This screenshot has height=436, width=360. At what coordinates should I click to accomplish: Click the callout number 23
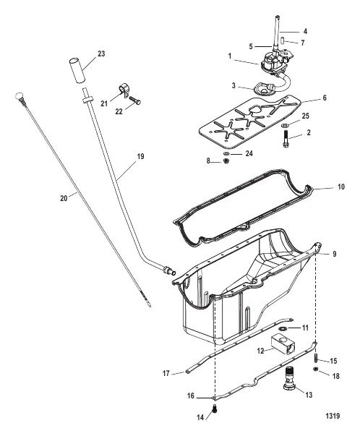(x=101, y=54)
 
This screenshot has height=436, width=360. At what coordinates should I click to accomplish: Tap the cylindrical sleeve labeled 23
(x=77, y=69)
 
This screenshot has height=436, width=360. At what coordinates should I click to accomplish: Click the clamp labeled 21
(x=123, y=90)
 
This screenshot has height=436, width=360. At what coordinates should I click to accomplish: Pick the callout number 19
(x=141, y=157)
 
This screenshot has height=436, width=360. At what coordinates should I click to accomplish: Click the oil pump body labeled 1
(x=273, y=61)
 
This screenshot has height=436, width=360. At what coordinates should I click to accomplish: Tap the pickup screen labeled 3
(x=263, y=89)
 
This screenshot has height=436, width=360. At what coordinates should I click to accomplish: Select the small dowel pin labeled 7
(x=282, y=40)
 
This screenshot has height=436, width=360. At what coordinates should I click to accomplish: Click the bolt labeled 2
(x=286, y=138)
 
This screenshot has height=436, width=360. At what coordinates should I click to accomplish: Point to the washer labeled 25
(x=285, y=125)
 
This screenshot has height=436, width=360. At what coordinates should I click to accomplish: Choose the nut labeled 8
(x=226, y=161)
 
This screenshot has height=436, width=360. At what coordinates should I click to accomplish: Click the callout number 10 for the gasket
(x=340, y=187)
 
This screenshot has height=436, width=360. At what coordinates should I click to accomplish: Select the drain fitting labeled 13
(x=290, y=378)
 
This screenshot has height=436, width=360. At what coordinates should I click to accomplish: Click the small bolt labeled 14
(x=214, y=409)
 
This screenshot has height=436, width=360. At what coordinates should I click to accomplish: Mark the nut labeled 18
(x=315, y=369)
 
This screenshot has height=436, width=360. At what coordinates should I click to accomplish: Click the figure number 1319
(x=333, y=416)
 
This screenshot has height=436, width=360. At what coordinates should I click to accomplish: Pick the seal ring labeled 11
(x=283, y=329)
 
